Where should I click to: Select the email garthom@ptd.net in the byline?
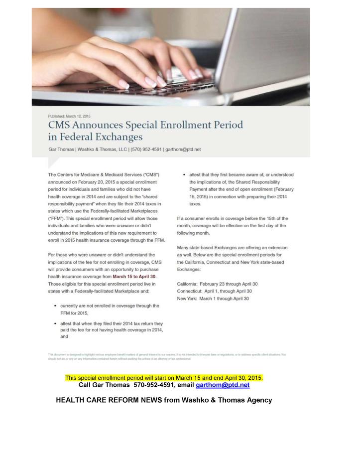click(x=184, y=149)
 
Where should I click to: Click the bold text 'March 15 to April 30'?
click(x=134, y=276)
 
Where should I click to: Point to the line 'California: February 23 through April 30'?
click(x=217, y=284)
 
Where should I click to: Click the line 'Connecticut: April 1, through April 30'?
click(x=214, y=291)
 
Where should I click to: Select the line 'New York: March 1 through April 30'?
click(x=213, y=298)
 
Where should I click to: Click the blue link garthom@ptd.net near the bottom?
click(x=223, y=385)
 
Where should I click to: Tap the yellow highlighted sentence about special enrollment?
click(x=164, y=378)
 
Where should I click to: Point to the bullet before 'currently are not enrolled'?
click(x=54, y=306)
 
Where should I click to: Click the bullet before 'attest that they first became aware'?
click(x=184, y=175)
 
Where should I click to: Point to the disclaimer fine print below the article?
click(x=167, y=356)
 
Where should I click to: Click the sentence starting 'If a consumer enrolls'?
click(x=232, y=226)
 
